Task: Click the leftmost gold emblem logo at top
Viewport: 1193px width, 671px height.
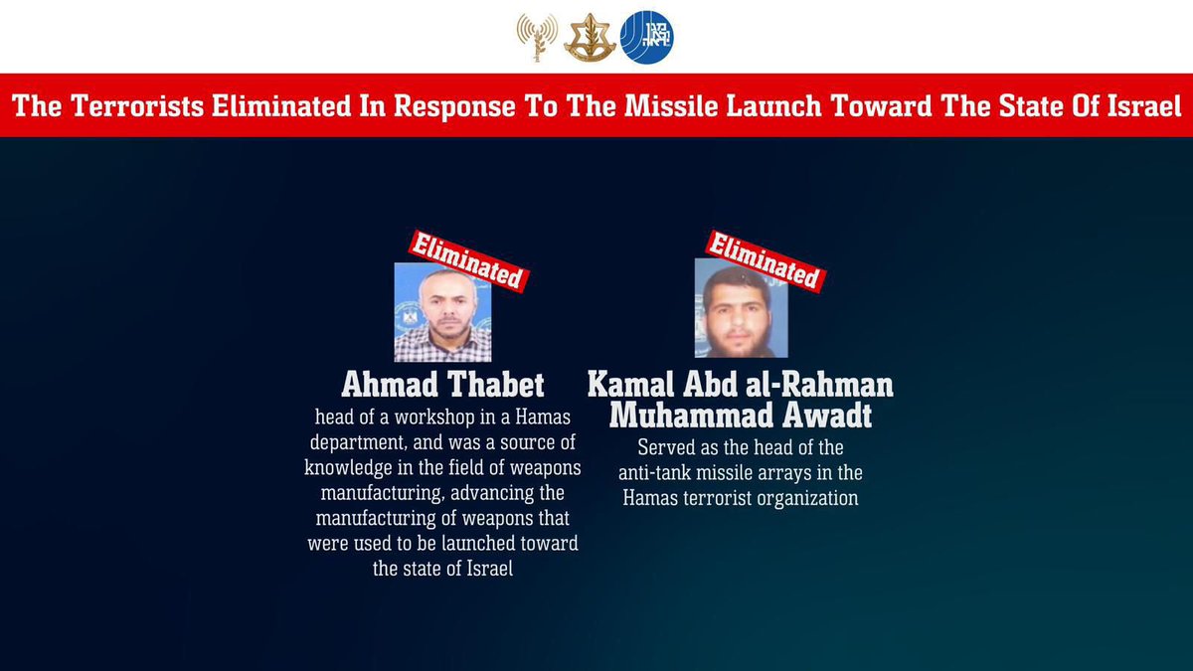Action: pyautogui.click(x=537, y=38)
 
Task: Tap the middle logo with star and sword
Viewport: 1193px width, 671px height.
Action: pyautogui.click(x=591, y=38)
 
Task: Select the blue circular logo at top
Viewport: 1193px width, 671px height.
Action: pyautogui.click(x=647, y=38)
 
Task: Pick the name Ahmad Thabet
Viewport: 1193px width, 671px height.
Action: pyautogui.click(x=442, y=385)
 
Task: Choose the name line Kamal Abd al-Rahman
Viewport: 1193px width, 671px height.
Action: pyautogui.click(x=741, y=385)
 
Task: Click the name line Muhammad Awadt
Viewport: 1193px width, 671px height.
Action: pyautogui.click(x=741, y=414)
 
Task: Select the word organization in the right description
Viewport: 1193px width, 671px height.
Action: pyautogui.click(x=803, y=498)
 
